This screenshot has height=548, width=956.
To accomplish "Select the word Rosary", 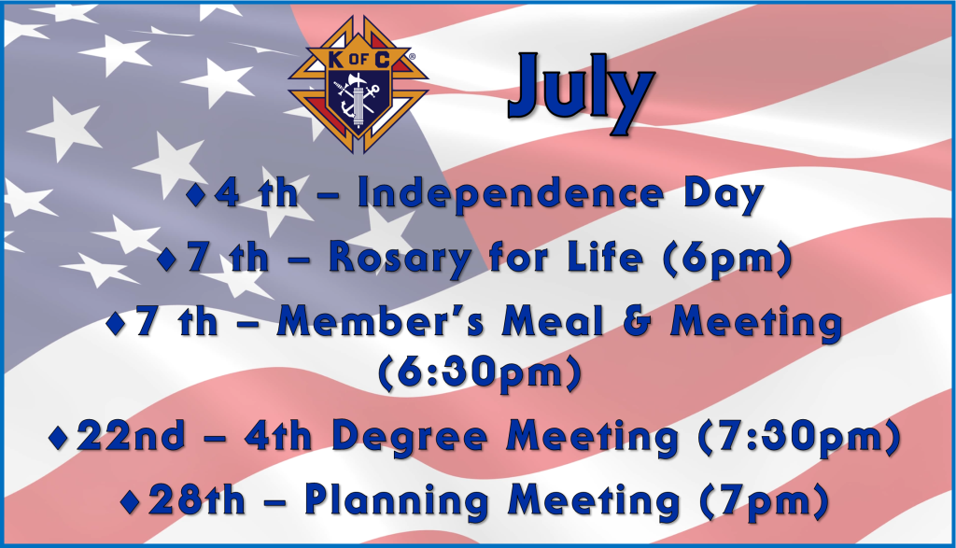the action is [x=400, y=259].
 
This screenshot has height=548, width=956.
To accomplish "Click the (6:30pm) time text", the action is [x=480, y=373].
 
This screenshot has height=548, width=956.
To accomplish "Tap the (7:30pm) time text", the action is [x=799, y=438].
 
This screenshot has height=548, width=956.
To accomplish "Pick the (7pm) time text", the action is [x=765, y=501].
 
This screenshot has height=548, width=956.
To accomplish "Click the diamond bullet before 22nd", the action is [x=59, y=438].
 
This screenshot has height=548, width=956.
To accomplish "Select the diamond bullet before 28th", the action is [x=130, y=501].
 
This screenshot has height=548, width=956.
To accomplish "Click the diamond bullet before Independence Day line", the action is [x=196, y=194].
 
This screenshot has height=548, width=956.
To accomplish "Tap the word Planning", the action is [x=396, y=501].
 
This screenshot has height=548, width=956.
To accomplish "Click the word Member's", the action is [x=381, y=321].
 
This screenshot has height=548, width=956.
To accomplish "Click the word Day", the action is [x=724, y=194].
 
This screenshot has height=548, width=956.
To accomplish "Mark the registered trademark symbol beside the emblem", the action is [x=412, y=56].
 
